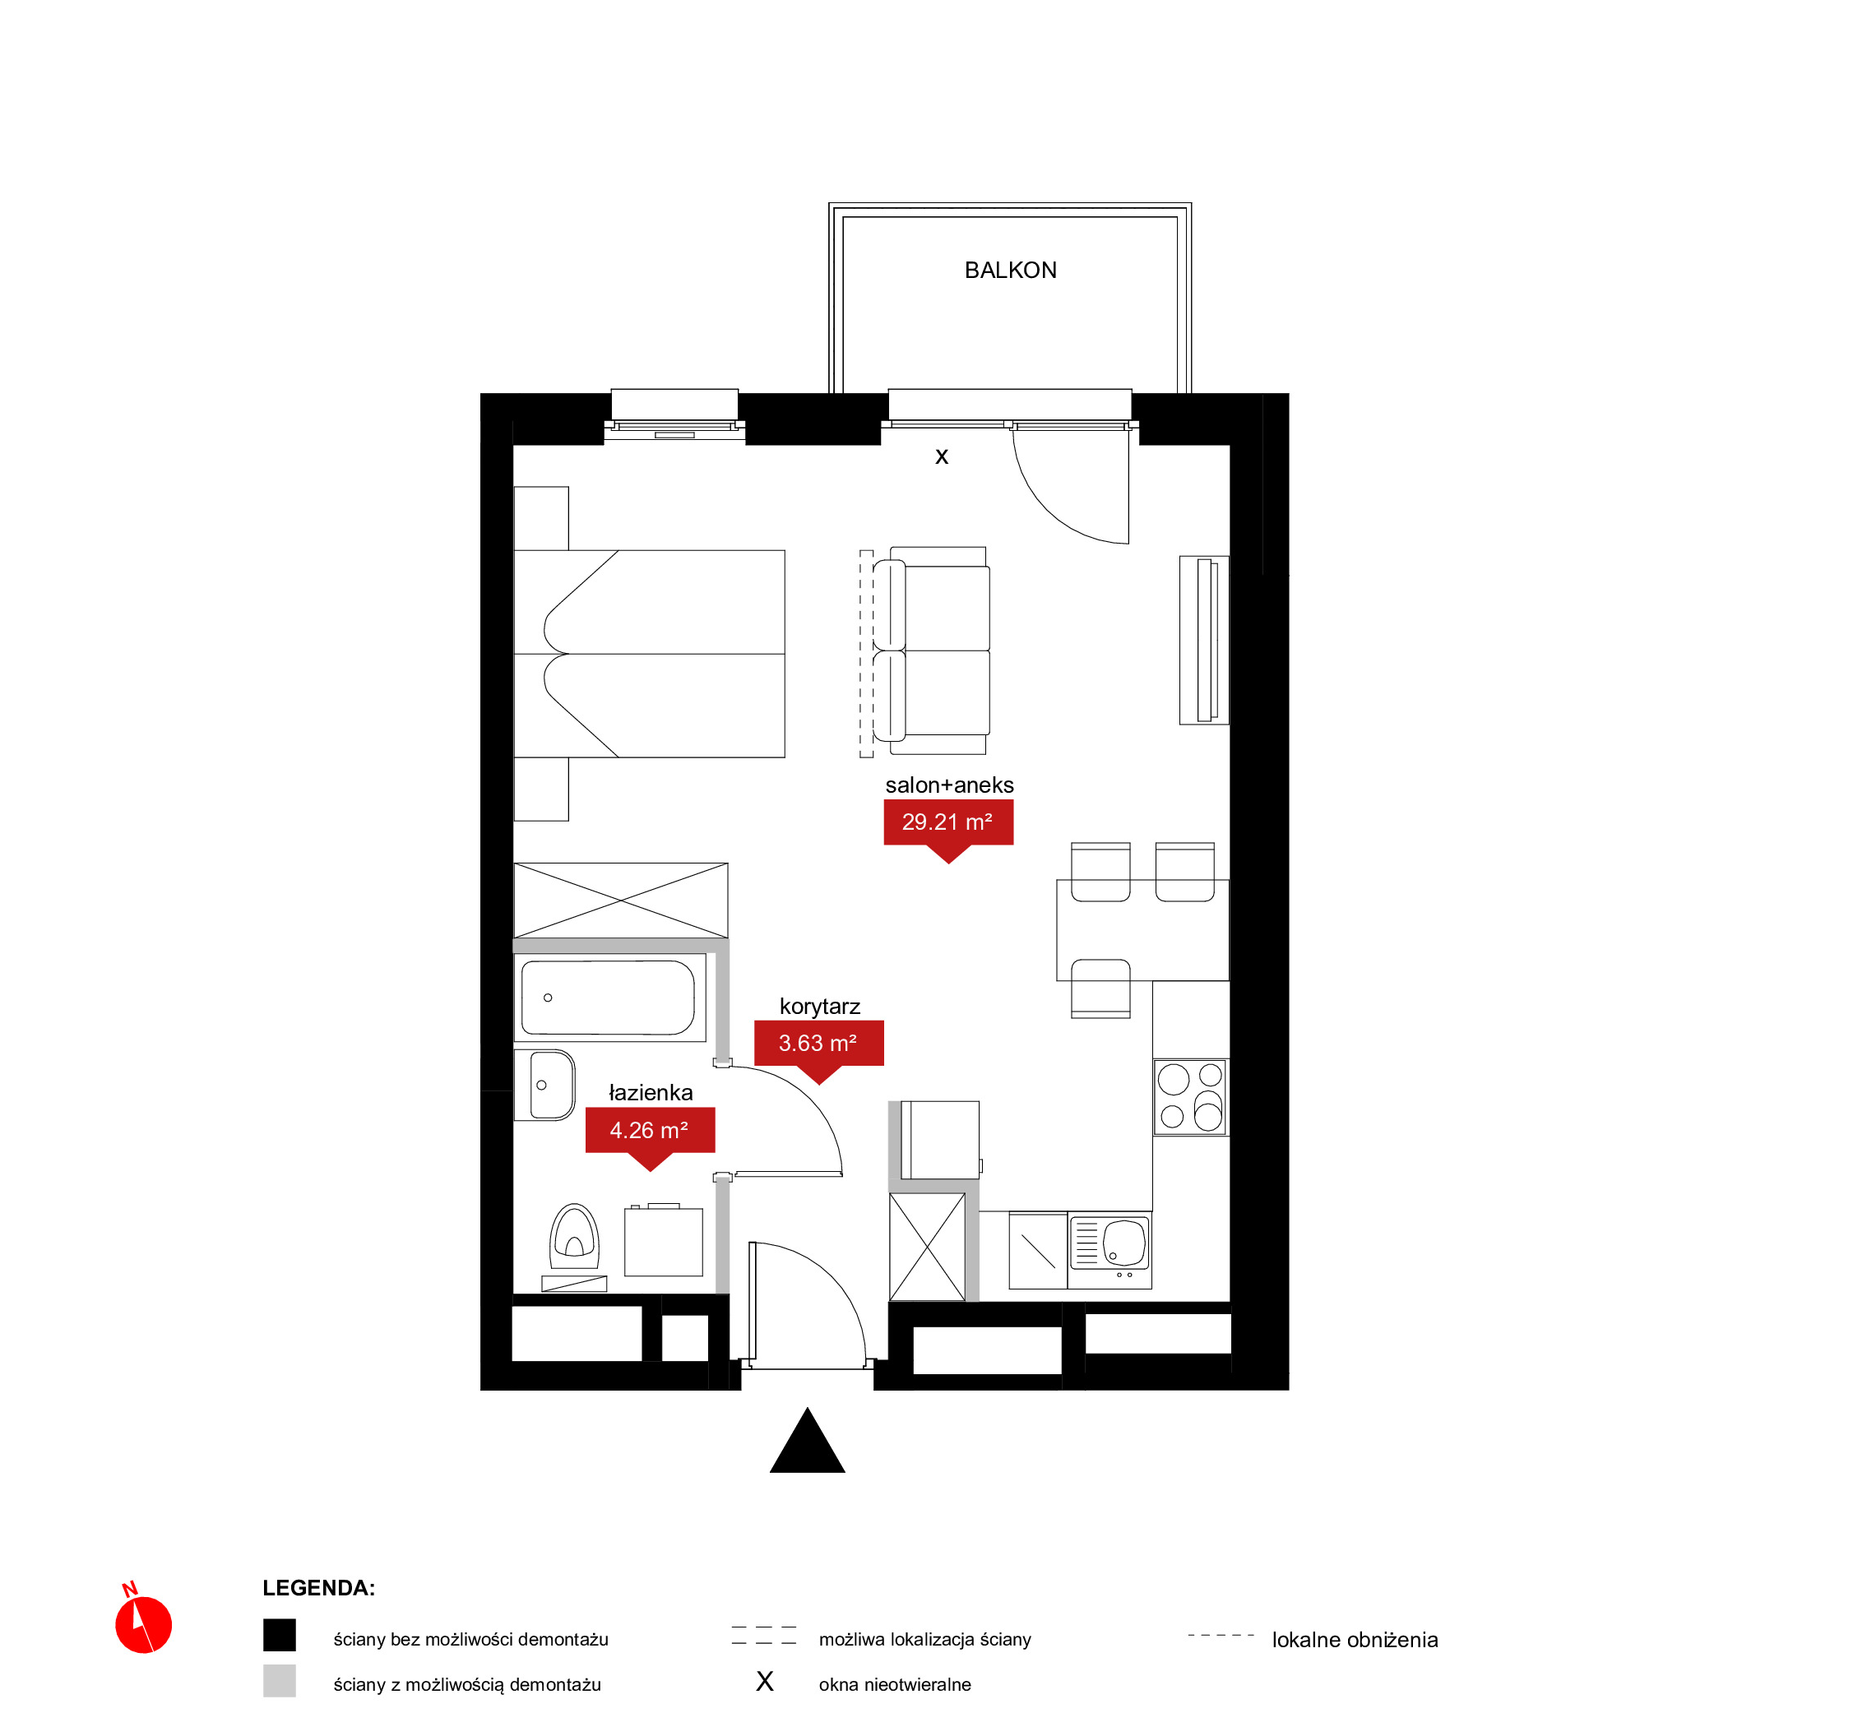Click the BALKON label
pyautogui.click(x=1011, y=270)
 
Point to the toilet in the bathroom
pyautogui.click(x=575, y=1238)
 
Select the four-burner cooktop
pyautogui.click(x=1190, y=1098)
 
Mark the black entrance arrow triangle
pyautogui.click(x=808, y=1442)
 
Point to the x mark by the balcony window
pyautogui.click(x=942, y=456)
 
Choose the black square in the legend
pyautogui.click(x=279, y=1635)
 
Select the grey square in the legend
pyautogui.click(x=279, y=1681)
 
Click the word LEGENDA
pyautogui.click(x=318, y=1588)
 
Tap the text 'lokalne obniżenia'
pyautogui.click(x=1355, y=1640)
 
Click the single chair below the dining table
pyautogui.click(x=1100, y=988)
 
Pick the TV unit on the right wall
pyautogui.click(x=1203, y=640)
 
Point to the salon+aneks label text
pyautogui.click(x=949, y=785)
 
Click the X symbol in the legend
pyautogui.click(x=765, y=1682)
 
